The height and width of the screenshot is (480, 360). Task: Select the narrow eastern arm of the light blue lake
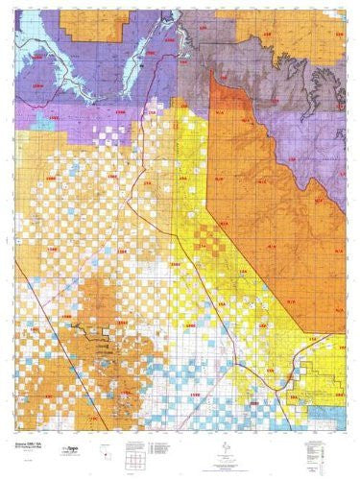(144, 29)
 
